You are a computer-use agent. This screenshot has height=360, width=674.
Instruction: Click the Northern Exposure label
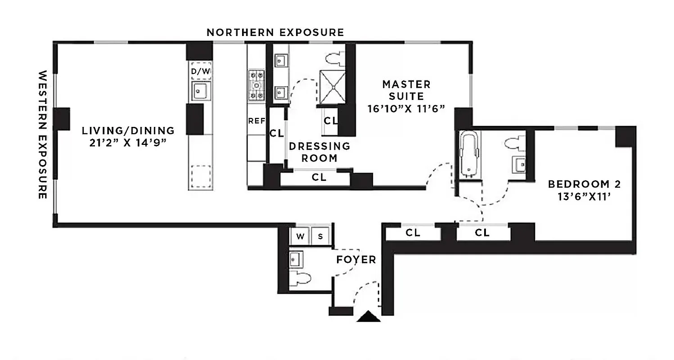(x=275, y=32)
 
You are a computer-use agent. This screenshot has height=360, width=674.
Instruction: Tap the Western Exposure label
(x=43, y=135)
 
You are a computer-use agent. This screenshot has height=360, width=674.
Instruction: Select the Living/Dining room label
(x=128, y=136)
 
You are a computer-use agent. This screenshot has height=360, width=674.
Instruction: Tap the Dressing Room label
(x=319, y=152)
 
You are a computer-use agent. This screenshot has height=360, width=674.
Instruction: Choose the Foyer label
(x=356, y=260)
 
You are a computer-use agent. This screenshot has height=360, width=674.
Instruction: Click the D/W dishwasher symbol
(x=201, y=71)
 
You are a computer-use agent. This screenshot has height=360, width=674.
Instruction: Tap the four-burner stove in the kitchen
(x=257, y=85)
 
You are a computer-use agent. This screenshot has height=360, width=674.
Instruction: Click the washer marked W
(x=299, y=236)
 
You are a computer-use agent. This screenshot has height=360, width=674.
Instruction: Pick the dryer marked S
(x=320, y=236)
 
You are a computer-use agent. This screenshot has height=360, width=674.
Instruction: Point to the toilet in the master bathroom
(x=334, y=58)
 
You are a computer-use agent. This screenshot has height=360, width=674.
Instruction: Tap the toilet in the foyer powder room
(x=301, y=279)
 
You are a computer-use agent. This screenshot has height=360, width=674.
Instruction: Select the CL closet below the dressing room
(x=319, y=178)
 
